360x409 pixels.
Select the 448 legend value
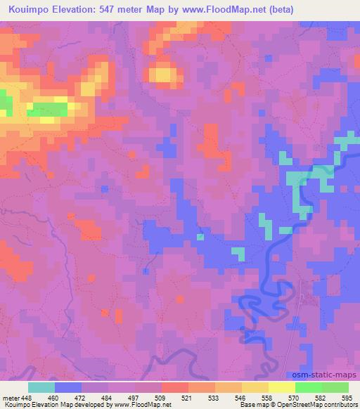27,398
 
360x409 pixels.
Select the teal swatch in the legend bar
41,387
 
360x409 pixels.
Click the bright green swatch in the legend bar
309,387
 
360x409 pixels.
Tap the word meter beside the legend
11,398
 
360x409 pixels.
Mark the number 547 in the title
112,10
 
